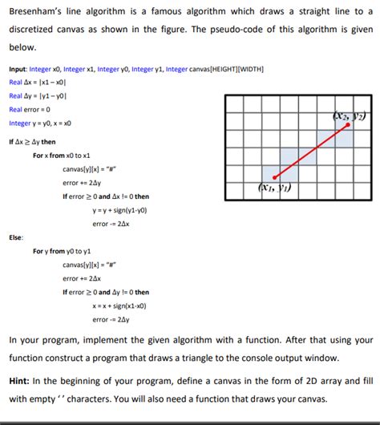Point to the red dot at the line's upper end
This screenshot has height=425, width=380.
pos(347,124)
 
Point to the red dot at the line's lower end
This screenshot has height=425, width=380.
pos(275,176)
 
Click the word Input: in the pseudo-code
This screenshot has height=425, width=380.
pos(18,69)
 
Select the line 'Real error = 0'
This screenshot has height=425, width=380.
pos(30,109)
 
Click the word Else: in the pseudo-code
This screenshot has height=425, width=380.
pos(16,237)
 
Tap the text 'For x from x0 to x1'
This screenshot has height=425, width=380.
pos(62,156)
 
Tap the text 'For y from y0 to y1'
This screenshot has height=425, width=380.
pos(62,251)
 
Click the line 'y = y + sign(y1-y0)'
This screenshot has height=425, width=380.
pos(120,210)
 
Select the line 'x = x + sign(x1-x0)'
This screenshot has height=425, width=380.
pos(119,306)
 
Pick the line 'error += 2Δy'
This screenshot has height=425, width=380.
pos(82,183)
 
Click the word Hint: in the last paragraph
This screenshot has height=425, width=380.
pos(22,381)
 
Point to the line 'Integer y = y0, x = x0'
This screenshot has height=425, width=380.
pos(40,123)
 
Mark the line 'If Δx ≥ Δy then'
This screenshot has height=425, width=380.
pos(32,142)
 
